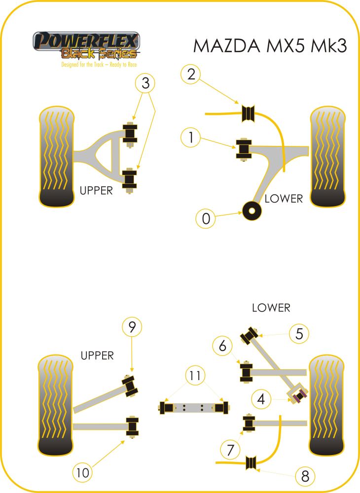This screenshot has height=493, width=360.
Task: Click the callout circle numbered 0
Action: coord(206,218)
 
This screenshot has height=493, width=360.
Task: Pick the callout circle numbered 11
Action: coord(196,376)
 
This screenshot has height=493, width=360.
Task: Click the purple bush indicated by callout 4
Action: coord(298,394)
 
